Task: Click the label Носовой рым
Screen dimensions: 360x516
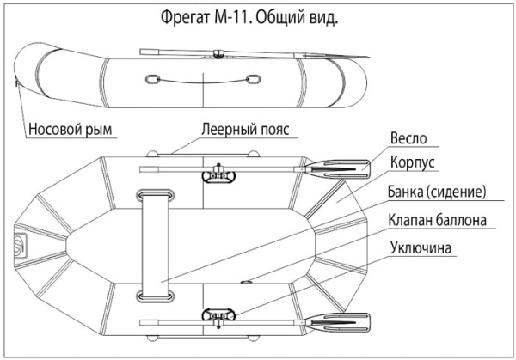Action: pos(73,131)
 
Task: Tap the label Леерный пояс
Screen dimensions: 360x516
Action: pos(247,131)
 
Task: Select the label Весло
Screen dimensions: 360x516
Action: pos(408,138)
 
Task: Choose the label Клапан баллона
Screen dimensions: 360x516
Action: pos(438,219)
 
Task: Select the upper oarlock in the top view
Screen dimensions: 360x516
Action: pos(218,175)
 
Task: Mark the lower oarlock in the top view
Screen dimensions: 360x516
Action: pos(218,317)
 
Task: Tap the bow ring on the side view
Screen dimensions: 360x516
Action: pos(18,83)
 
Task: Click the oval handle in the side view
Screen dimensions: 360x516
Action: pos(151,80)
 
